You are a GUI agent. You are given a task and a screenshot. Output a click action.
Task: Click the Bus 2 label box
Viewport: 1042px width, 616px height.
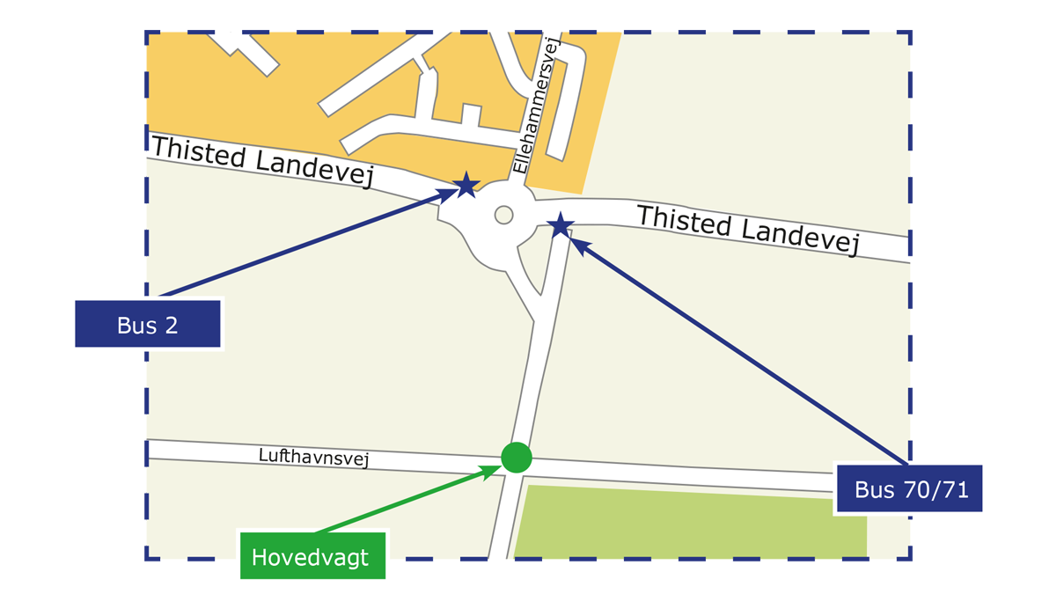(147, 324)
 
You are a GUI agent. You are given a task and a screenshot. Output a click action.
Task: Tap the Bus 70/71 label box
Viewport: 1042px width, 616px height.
(910, 488)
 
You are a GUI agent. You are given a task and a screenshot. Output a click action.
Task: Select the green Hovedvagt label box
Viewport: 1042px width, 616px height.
(312, 556)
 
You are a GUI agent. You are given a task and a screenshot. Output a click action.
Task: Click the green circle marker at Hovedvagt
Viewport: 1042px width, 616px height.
(517, 457)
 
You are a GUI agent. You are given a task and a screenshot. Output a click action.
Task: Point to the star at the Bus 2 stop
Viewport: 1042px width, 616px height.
(466, 185)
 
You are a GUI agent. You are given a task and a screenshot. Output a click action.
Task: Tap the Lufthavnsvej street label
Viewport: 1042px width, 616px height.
(313, 458)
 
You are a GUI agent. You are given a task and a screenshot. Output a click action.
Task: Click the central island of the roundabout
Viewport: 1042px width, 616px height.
(503, 214)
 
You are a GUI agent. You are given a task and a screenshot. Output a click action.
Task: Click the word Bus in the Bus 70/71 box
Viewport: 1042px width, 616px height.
(873, 489)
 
